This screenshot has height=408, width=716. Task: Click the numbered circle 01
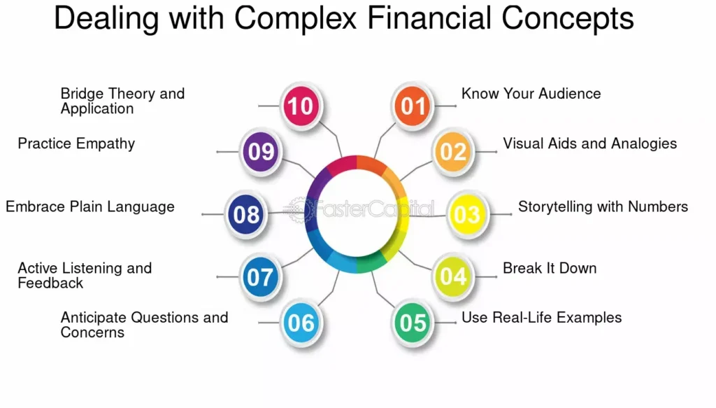point(413,106)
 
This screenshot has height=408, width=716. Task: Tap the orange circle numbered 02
point(453,151)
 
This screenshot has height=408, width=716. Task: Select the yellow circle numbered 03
point(466,213)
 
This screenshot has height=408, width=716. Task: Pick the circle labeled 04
point(452,276)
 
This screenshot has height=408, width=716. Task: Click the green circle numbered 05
point(413,322)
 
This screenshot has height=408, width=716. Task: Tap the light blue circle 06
point(301,322)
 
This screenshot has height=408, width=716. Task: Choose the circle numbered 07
point(260,277)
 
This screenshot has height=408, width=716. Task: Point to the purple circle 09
point(261,151)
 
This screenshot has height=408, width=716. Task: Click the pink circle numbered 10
point(301,106)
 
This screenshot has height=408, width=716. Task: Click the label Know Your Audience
point(531,94)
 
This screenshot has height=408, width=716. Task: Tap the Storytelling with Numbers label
point(603,206)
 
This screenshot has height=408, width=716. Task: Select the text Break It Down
point(550,268)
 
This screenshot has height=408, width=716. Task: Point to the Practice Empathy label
point(76,143)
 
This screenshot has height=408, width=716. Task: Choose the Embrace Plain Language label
point(90,206)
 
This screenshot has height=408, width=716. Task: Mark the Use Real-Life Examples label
point(541,318)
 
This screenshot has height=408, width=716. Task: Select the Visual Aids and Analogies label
point(589,143)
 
